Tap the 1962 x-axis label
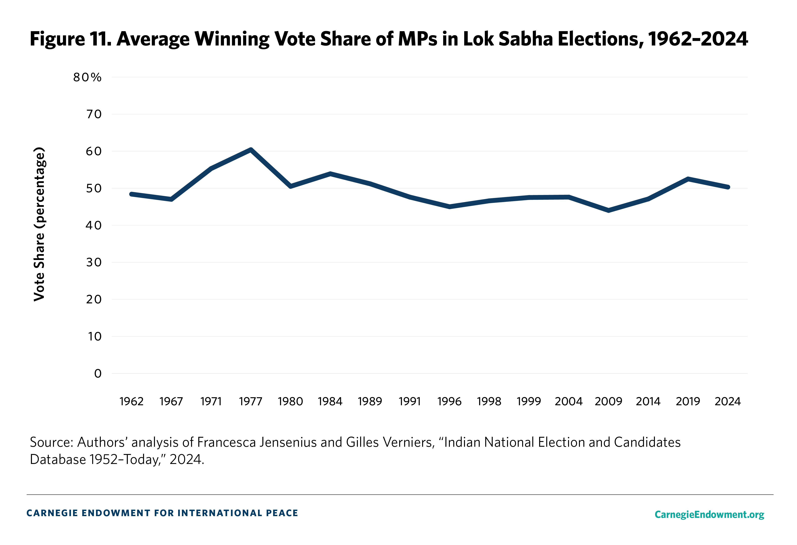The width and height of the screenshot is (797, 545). [x=131, y=401]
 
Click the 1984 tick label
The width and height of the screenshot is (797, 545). [x=330, y=401]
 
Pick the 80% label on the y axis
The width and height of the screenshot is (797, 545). [x=87, y=77]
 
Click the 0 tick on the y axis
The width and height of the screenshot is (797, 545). [x=98, y=374]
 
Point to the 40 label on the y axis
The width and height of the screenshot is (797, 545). [x=94, y=226]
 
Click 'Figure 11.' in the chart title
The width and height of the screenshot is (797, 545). [x=71, y=39]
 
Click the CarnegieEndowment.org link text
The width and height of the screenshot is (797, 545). [x=709, y=514]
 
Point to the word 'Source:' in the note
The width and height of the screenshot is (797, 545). [x=51, y=443]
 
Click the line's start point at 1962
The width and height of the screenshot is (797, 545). [x=131, y=194]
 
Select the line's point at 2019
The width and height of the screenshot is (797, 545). [x=688, y=179]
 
